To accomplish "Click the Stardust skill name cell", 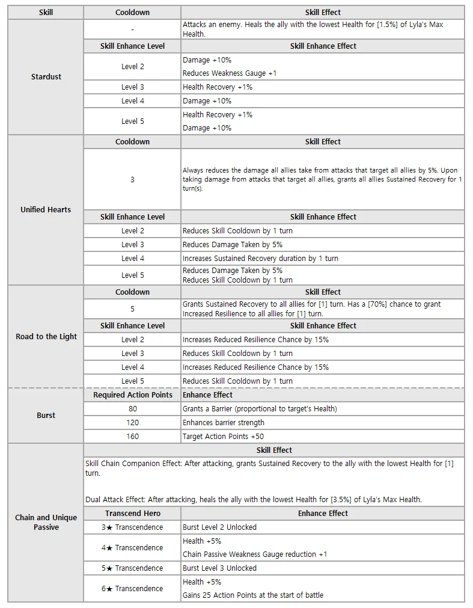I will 46,77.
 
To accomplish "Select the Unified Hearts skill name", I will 46,210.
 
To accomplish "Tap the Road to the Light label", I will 46,337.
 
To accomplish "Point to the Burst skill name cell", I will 46,416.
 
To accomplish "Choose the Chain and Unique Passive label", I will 46,522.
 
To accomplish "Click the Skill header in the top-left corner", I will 46,12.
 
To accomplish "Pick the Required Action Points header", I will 132,395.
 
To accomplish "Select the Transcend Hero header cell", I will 132,514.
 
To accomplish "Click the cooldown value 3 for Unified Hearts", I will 132,179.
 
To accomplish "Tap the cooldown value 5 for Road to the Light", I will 132,309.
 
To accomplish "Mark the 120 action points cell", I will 132,423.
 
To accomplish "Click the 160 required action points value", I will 132,437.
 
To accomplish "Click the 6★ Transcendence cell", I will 132,589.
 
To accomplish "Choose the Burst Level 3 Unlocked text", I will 219,568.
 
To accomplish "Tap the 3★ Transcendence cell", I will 132,527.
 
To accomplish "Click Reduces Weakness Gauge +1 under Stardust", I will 230,73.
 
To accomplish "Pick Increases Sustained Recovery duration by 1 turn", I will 260,259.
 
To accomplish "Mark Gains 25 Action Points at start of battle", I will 253,595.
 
